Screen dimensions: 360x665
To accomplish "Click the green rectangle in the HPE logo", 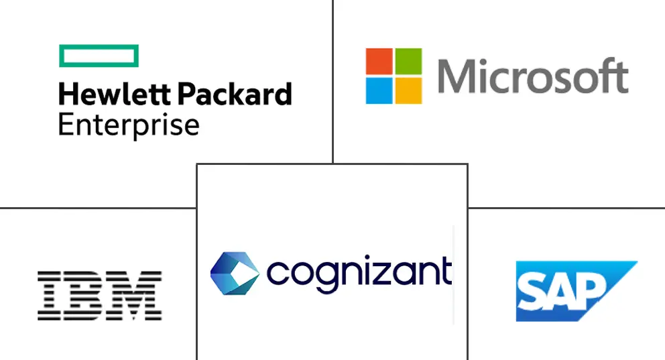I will pos(99,56).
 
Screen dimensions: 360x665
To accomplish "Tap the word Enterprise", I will pos(129,125).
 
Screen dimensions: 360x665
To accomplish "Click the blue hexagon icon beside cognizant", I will pos(234,273).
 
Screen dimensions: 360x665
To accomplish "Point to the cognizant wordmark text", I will pos(359,273).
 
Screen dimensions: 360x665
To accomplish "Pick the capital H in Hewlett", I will pos(68,95).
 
